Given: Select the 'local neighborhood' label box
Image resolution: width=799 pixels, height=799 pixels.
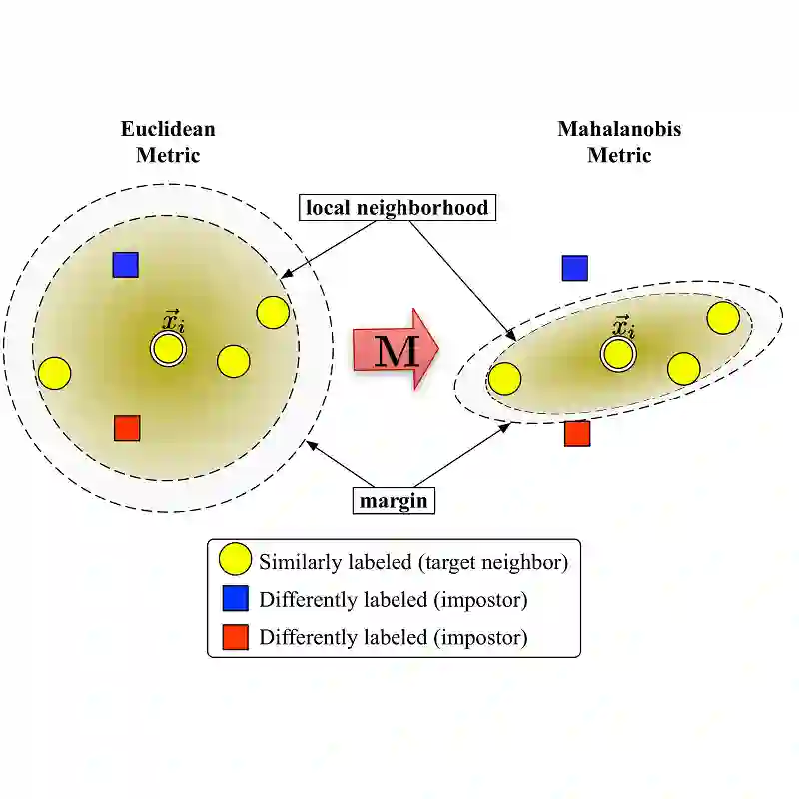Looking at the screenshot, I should click(x=398, y=208).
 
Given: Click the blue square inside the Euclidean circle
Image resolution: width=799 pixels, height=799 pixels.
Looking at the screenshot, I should click(x=125, y=264).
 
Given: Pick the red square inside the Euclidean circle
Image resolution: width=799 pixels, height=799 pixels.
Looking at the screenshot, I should click(x=127, y=428).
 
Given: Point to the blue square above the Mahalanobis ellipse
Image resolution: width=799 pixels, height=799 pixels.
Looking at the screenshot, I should click(x=575, y=268).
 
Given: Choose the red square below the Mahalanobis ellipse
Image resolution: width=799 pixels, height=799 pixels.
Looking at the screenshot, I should click(x=577, y=433).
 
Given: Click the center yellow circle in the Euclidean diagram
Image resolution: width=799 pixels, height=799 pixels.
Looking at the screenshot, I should click(x=168, y=349).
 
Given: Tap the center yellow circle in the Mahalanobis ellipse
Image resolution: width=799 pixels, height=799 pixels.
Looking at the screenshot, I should click(x=618, y=353).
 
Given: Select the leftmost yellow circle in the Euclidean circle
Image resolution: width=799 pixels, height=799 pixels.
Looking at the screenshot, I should click(x=54, y=374).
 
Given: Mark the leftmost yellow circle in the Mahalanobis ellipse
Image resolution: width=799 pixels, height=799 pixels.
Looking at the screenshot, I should click(x=505, y=379).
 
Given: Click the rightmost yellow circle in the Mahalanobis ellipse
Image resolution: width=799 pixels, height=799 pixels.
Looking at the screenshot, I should click(x=723, y=317).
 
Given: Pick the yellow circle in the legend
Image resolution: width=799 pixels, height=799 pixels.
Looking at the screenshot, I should click(x=235, y=561).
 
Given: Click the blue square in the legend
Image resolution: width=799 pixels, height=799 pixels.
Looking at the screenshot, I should click(x=235, y=599).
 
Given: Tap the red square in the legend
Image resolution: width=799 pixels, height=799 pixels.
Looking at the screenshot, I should click(x=235, y=635).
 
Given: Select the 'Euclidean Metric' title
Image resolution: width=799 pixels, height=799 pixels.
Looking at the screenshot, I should click(x=168, y=142).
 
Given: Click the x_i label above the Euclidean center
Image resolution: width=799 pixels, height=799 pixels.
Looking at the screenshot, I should click(x=173, y=321).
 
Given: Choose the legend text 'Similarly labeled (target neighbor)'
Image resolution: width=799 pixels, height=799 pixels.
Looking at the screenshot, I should click(x=413, y=562).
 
